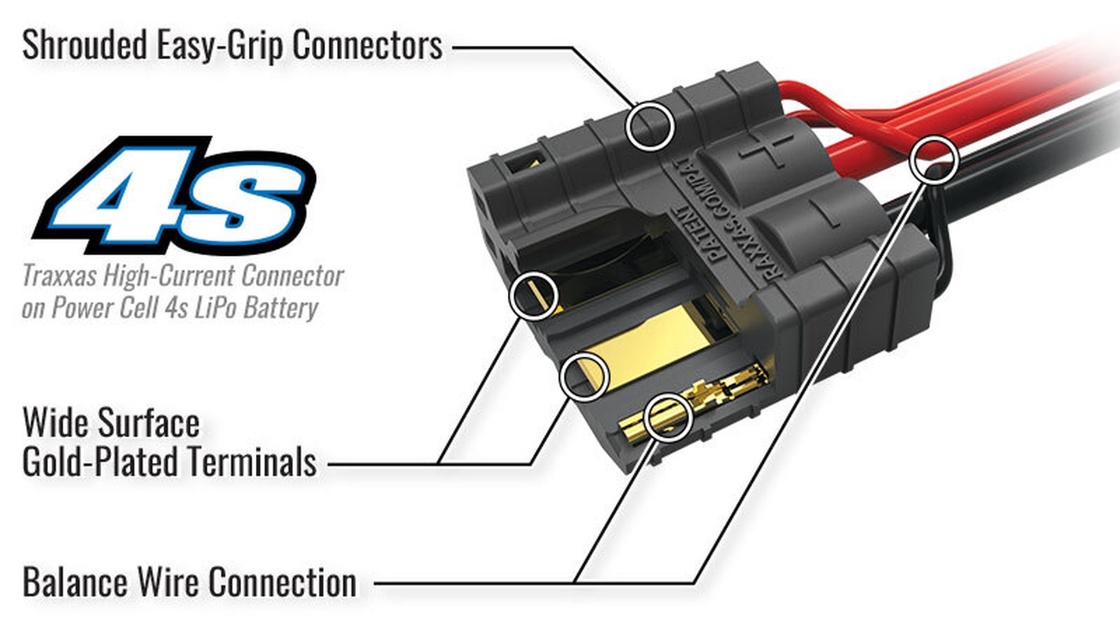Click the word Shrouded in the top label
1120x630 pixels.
(x=83, y=45)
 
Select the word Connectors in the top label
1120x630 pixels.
(x=368, y=45)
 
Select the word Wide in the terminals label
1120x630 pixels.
(x=55, y=424)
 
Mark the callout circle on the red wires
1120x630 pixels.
(x=934, y=158)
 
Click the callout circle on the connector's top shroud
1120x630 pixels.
(x=651, y=125)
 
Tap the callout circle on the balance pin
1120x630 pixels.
(x=668, y=417)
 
